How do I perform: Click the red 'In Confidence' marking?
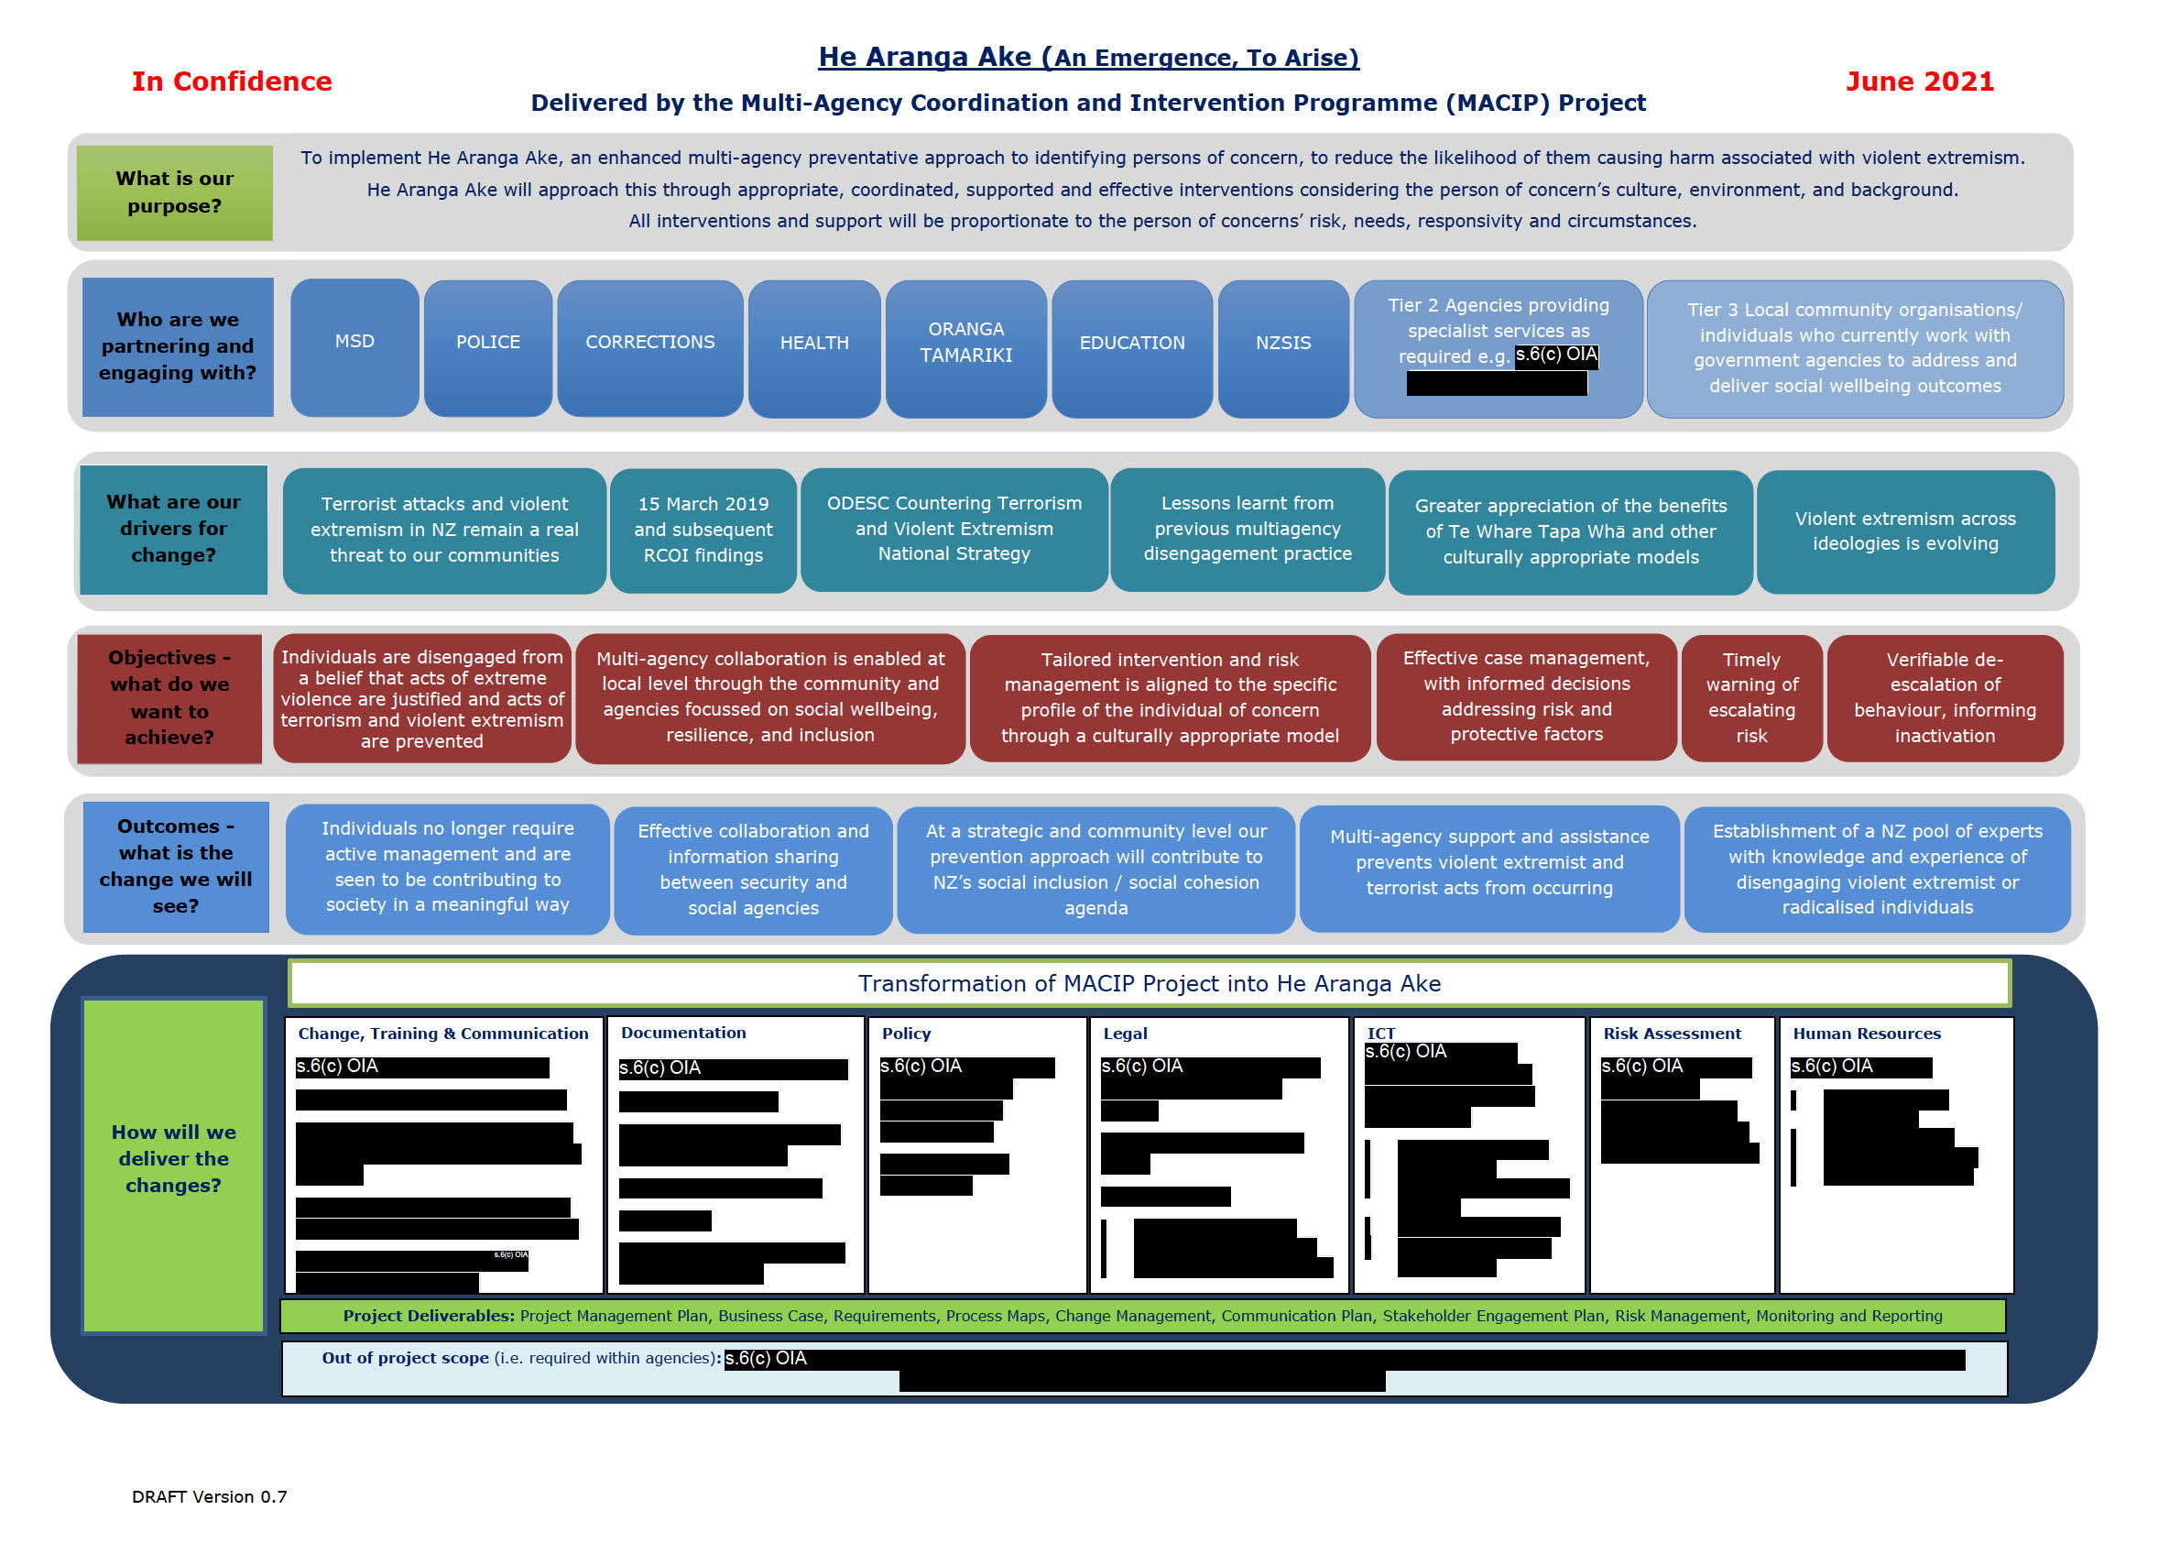click(232, 82)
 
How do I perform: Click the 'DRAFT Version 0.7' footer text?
click(209, 1496)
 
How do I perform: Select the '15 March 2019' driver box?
click(703, 531)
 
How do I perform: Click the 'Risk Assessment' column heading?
click(1672, 1034)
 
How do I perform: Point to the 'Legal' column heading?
click(1125, 1034)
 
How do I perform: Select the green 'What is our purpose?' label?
click(175, 192)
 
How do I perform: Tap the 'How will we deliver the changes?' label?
click(174, 1159)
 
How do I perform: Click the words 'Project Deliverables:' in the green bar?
click(429, 1316)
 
